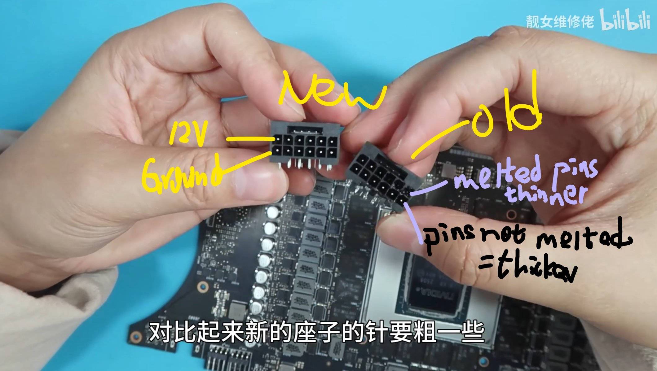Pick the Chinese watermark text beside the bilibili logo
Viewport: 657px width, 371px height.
pos(560,22)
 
